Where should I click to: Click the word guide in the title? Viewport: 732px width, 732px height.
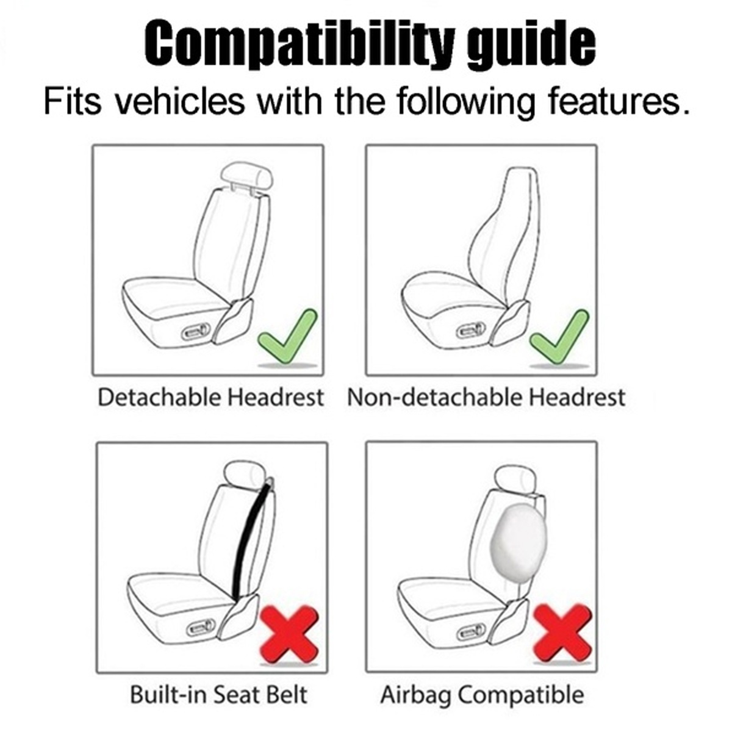pos(531,44)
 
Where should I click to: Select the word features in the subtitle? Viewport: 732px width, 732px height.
pos(616,101)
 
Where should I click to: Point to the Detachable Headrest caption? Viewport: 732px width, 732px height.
pos(210,397)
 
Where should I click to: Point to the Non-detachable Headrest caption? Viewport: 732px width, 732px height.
pos(486,397)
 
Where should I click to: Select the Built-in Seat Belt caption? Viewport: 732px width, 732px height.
pos(218,695)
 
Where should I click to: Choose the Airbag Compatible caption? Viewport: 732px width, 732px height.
pos(482,695)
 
